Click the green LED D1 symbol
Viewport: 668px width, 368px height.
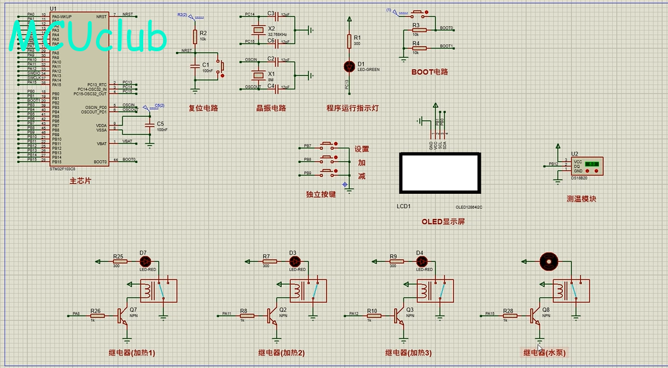pyautogui.click(x=349, y=66)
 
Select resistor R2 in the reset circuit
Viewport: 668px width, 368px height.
pyautogui.click(x=195, y=37)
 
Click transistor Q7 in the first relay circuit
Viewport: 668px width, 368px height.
pyautogui.click(x=123, y=316)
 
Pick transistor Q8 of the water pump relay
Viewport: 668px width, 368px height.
pyautogui.click(x=537, y=316)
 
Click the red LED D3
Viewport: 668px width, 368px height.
pyautogui.click(x=293, y=261)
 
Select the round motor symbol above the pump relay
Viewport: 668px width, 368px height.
pyautogui.click(x=547, y=262)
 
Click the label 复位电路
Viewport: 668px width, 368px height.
pyautogui.click(x=203, y=108)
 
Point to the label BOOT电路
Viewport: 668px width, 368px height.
pyautogui.click(x=430, y=72)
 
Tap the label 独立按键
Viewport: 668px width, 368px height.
pyautogui.click(x=321, y=195)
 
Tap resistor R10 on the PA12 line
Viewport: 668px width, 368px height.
pyautogui.click(x=372, y=316)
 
